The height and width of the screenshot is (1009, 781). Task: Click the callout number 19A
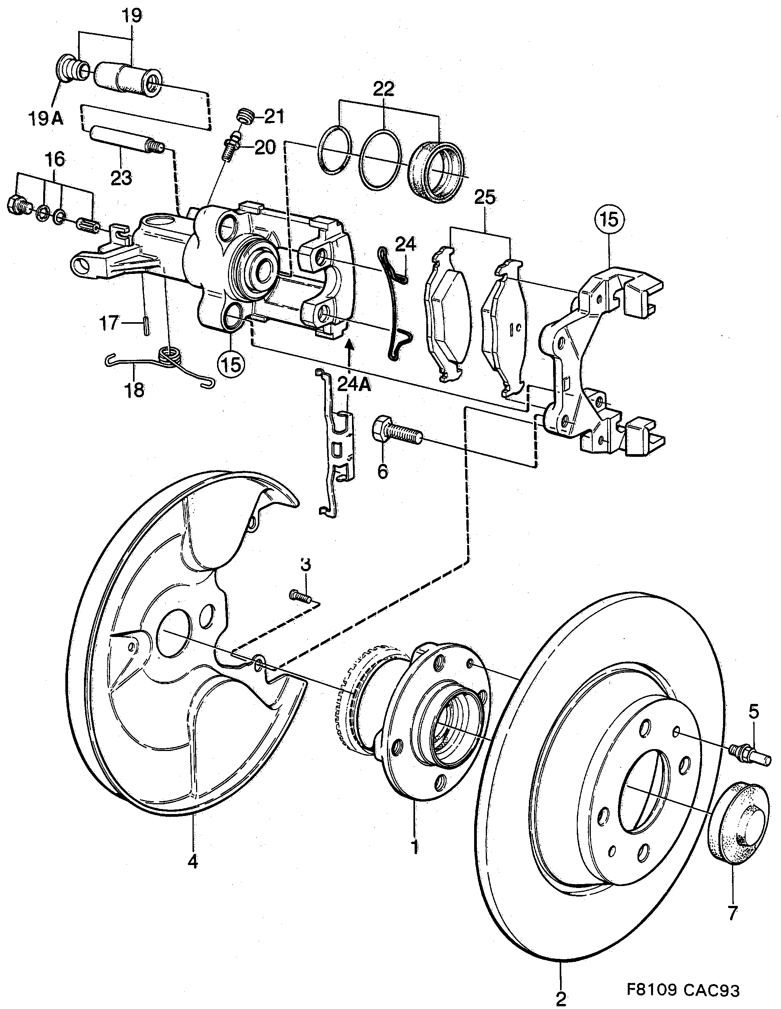[45, 119]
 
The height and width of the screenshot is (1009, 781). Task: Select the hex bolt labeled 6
[396, 432]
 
